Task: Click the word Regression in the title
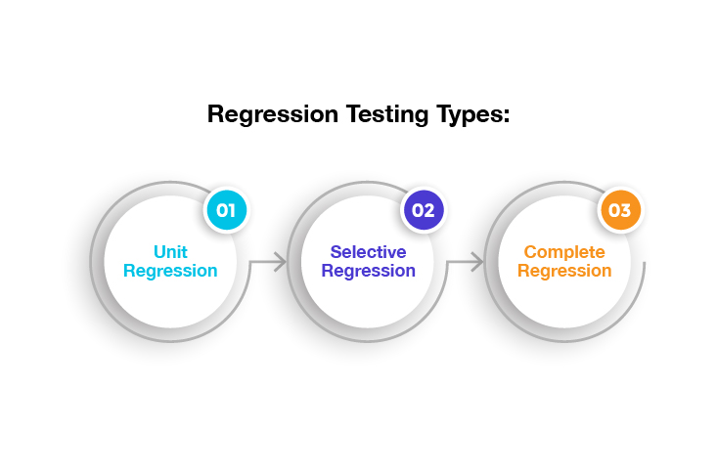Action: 273,114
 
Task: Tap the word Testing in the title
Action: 386,114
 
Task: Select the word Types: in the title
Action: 472,114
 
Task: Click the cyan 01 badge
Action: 226,210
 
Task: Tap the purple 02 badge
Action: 424,210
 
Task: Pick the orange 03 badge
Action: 620,210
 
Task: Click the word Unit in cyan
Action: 170,252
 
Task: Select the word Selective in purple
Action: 368,252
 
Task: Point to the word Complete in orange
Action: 564,252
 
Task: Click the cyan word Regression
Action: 170,271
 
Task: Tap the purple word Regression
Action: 368,271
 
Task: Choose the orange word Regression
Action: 564,271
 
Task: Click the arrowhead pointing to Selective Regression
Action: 281,262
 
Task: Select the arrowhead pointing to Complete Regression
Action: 478,262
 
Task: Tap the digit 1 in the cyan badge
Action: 232,210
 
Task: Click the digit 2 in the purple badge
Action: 428,210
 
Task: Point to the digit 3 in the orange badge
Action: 626,210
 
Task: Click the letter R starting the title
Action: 215,113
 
